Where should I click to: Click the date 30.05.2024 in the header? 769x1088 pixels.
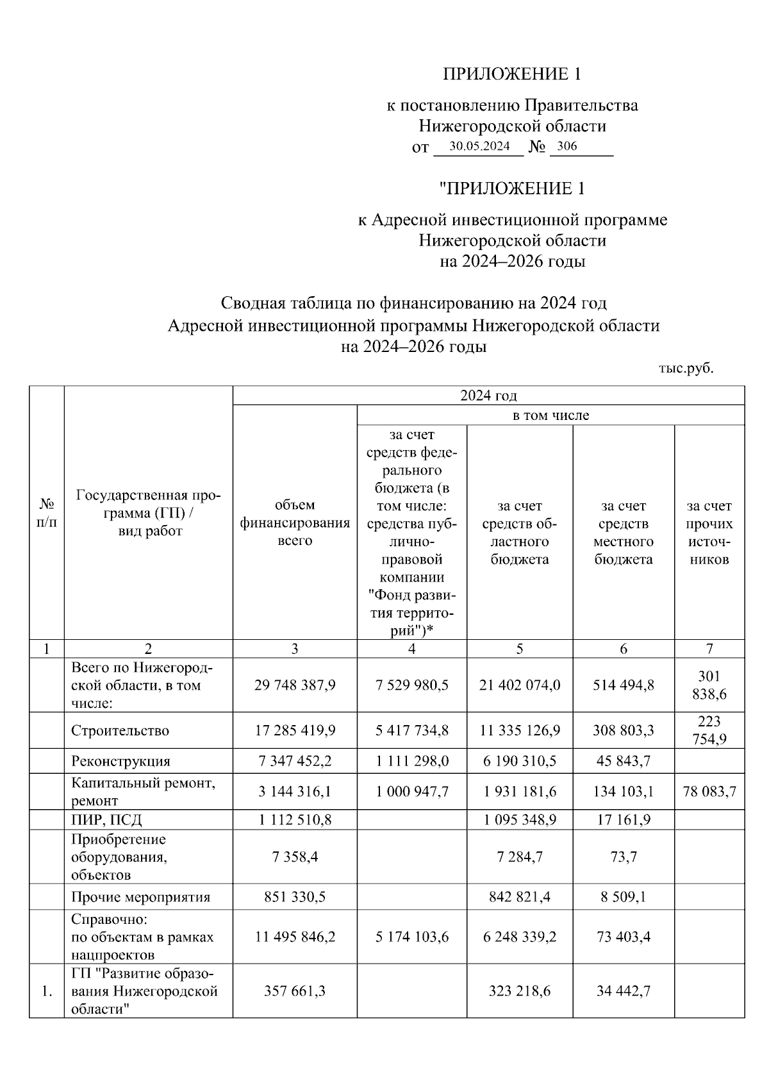click(479, 146)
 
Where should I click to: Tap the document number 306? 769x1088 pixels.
click(567, 146)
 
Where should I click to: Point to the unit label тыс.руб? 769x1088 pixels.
click(686, 369)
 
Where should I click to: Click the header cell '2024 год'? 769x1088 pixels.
click(488, 396)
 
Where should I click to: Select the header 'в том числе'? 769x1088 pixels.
click(550, 415)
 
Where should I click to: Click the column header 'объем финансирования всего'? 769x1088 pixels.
click(295, 523)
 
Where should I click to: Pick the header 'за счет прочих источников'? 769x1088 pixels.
click(709, 532)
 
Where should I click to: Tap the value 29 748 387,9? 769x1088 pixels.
click(295, 685)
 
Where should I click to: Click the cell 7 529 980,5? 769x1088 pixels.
click(412, 685)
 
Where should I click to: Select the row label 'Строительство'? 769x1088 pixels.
click(120, 730)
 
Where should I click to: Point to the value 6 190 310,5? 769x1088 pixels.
click(519, 761)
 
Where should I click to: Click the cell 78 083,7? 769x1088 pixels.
click(709, 791)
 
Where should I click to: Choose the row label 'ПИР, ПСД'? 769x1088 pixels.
click(106, 819)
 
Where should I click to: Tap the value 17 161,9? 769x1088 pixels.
click(624, 819)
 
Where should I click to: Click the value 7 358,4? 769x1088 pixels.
click(295, 857)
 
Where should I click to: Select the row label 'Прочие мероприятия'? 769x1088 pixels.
click(140, 897)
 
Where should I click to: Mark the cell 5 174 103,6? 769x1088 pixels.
click(412, 937)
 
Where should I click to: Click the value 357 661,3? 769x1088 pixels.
click(295, 991)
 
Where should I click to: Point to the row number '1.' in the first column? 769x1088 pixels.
click(47, 991)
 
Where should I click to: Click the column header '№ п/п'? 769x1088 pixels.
click(47, 513)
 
